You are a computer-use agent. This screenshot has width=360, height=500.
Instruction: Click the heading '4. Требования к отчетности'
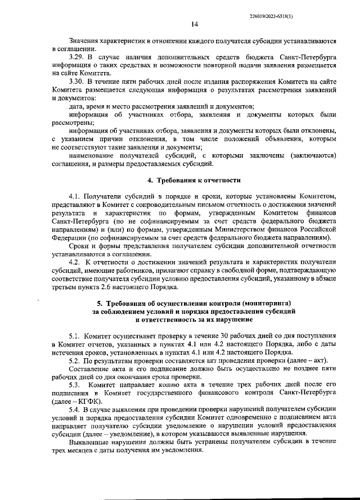193,181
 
